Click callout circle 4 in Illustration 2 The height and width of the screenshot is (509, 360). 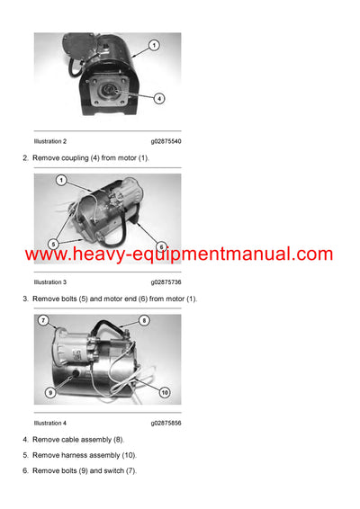(158, 98)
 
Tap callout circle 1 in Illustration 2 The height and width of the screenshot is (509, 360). (154, 44)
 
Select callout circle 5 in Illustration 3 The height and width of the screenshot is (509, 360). (53, 243)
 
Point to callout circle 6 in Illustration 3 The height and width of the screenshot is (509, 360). (161, 246)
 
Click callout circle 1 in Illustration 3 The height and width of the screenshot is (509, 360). (61, 181)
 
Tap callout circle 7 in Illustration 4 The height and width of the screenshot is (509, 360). (43, 320)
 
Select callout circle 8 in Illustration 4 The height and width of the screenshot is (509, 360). (144, 320)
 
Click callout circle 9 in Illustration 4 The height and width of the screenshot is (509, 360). (50, 392)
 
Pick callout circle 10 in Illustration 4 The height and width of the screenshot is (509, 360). (165, 392)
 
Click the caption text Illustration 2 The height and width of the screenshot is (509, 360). (50, 141)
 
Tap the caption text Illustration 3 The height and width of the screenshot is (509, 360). (50, 282)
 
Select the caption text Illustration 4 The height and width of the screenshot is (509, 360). (50, 423)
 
